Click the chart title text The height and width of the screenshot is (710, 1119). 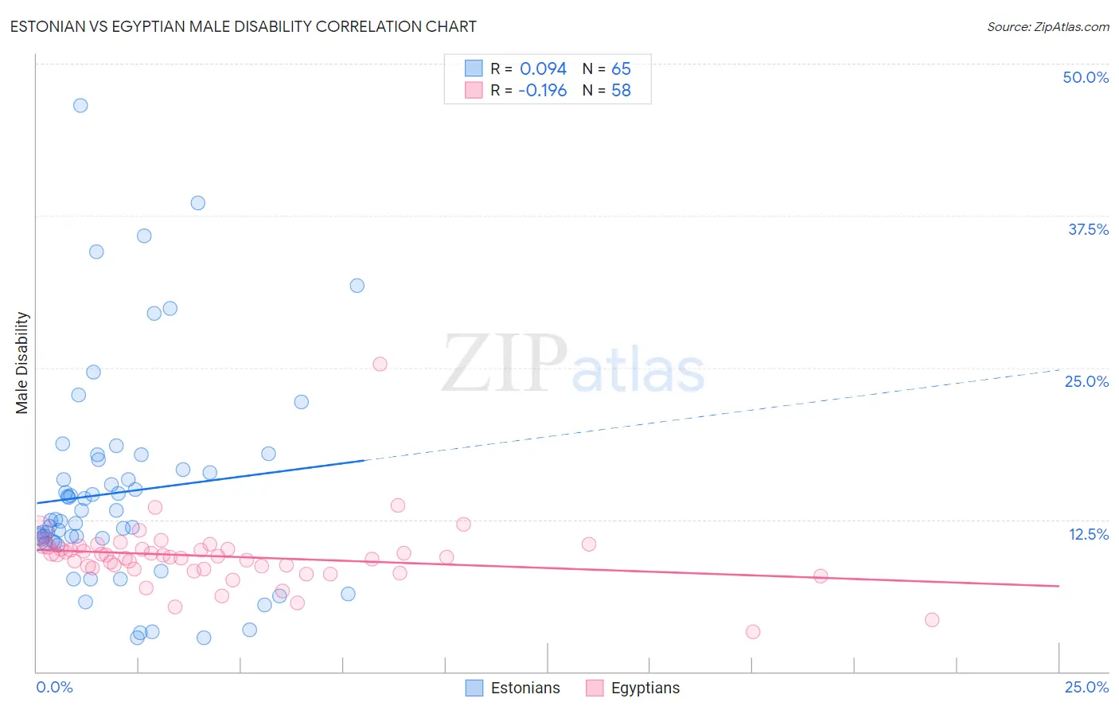pyautogui.click(x=244, y=26)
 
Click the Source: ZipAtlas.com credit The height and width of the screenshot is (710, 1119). pyautogui.click(x=1047, y=26)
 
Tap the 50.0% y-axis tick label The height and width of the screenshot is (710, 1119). pyautogui.click(x=1086, y=77)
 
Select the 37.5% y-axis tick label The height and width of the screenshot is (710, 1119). pyautogui.click(x=1088, y=229)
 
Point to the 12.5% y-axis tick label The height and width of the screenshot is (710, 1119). pyautogui.click(x=1088, y=534)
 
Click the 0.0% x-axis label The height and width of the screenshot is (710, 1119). pyautogui.click(x=54, y=687)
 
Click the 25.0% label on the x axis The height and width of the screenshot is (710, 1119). pyautogui.click(x=1086, y=687)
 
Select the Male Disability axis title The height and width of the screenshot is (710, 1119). pyautogui.click(x=22, y=362)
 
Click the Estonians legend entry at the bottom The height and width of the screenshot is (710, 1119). pyautogui.click(x=524, y=688)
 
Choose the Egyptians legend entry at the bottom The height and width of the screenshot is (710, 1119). pyautogui.click(x=645, y=688)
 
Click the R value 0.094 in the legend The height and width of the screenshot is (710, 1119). pyautogui.click(x=543, y=69)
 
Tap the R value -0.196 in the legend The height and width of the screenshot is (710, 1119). pyautogui.click(x=542, y=91)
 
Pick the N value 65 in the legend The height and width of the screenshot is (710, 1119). pyautogui.click(x=621, y=69)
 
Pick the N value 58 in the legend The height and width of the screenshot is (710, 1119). pyautogui.click(x=621, y=91)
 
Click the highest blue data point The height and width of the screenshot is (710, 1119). pyautogui.click(x=80, y=105)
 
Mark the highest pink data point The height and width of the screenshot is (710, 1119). pyautogui.click(x=380, y=364)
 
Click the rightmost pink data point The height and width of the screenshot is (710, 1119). pyautogui.click(x=932, y=619)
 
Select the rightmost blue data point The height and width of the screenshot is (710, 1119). pyautogui.click(x=357, y=285)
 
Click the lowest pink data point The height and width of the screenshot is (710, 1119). pyautogui.click(x=753, y=631)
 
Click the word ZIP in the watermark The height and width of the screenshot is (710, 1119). pyautogui.click(x=504, y=364)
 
